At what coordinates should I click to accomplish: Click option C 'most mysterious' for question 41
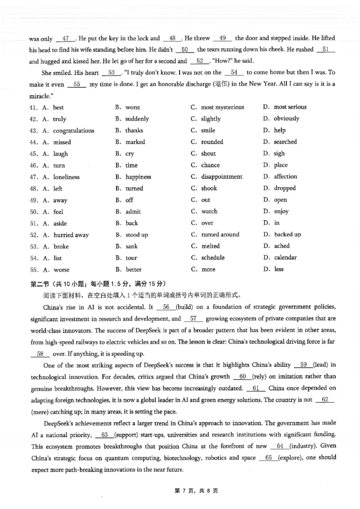(222, 107)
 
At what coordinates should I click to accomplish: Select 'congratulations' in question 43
(74, 130)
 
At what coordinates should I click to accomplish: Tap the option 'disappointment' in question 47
(221, 177)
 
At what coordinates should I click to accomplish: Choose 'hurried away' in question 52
(71, 235)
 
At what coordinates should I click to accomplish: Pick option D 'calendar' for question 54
(285, 258)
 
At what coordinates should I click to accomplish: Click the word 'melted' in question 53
(210, 246)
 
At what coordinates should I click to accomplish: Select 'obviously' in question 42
(286, 119)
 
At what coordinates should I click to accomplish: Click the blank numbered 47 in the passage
(66, 39)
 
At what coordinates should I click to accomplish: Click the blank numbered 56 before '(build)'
(165, 307)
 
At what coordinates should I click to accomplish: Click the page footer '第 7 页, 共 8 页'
(180, 491)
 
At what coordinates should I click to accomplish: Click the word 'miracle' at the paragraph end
(40, 96)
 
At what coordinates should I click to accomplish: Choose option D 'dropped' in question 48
(285, 188)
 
